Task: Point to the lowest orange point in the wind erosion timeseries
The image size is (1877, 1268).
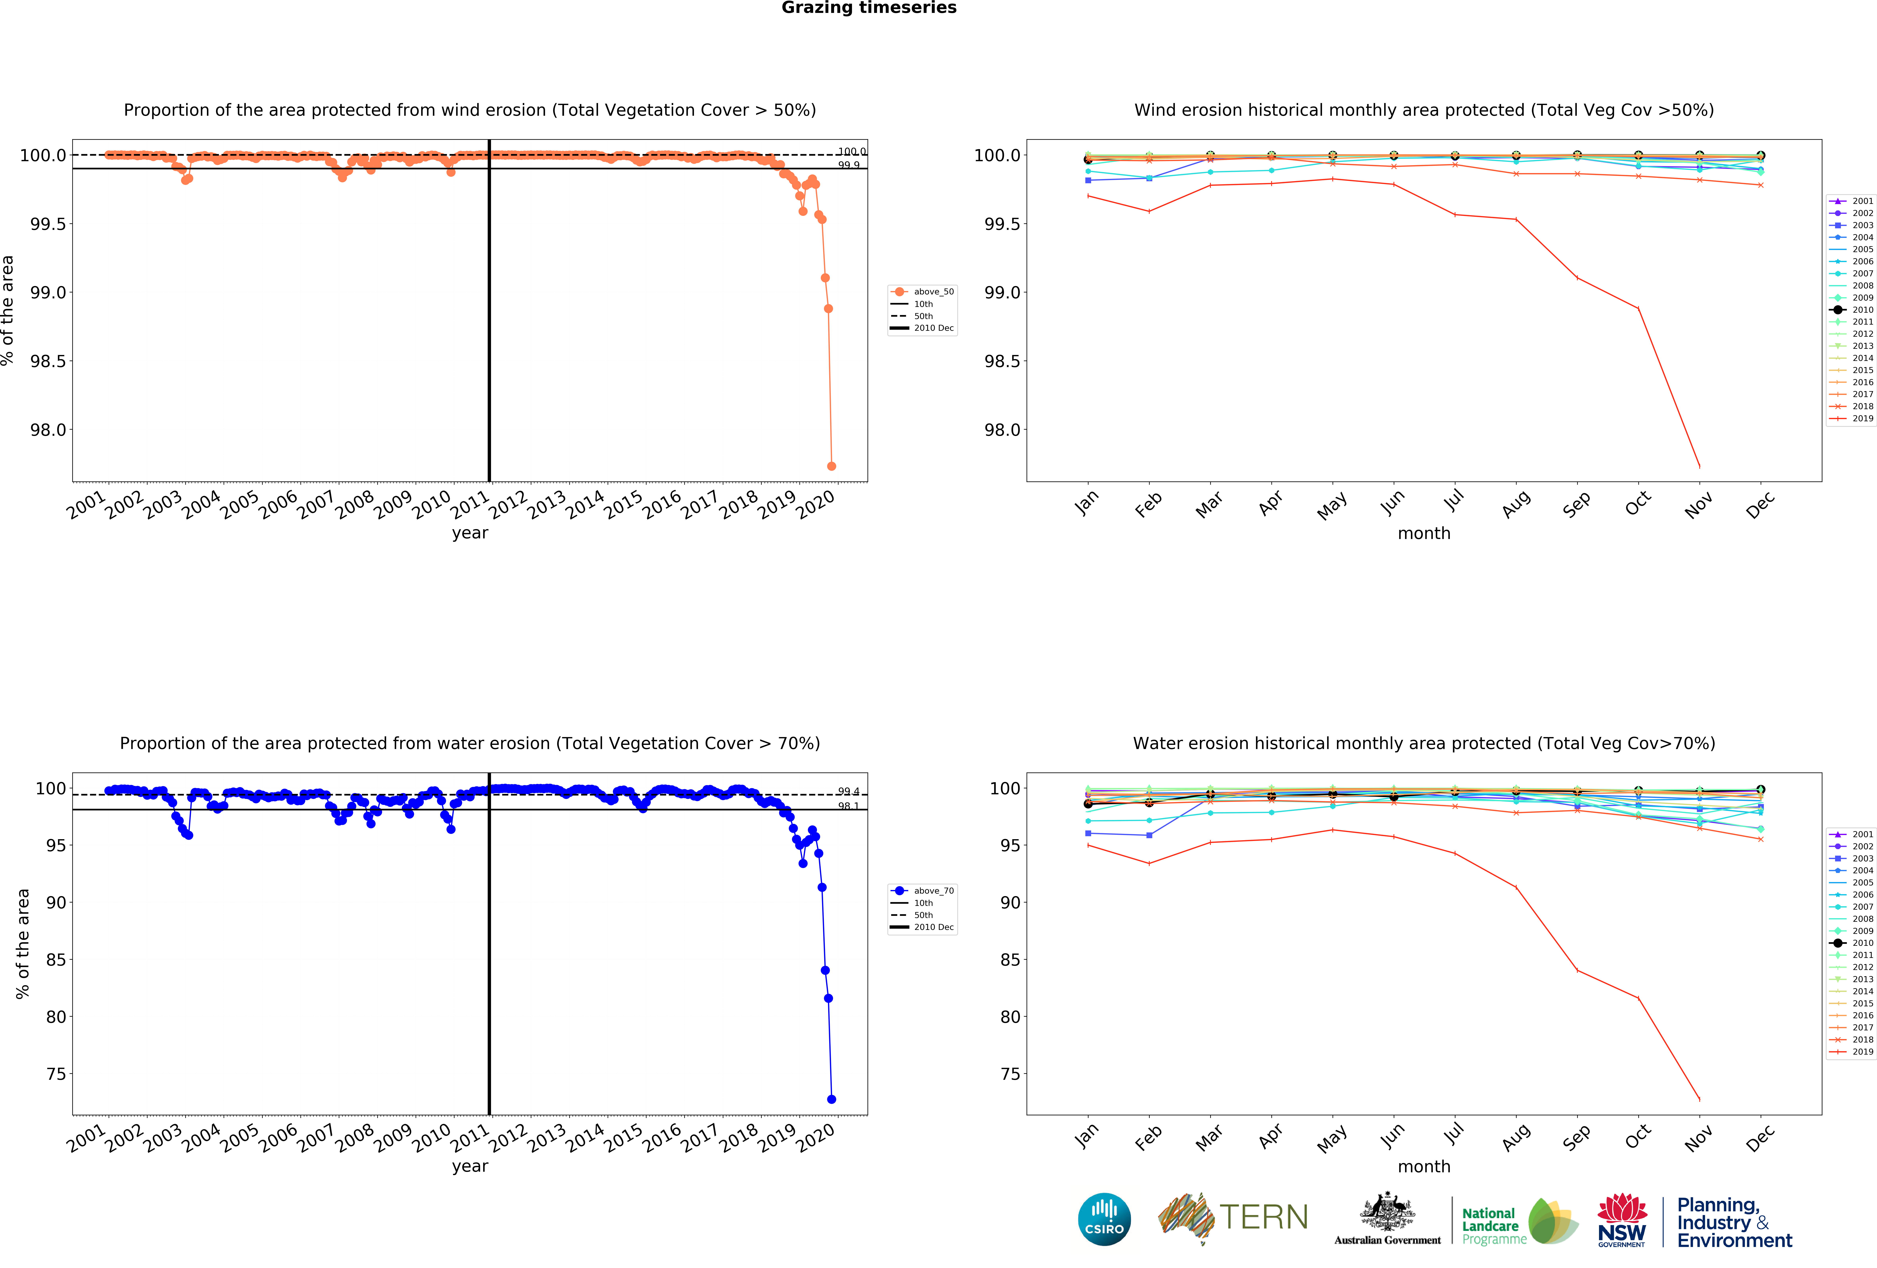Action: click(831, 466)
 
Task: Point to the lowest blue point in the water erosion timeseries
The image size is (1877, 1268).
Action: click(831, 1099)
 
